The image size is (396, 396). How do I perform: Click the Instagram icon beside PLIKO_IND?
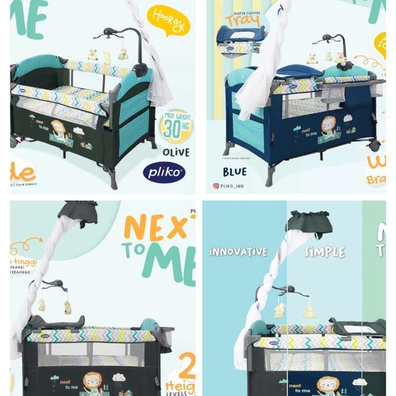pos(216,186)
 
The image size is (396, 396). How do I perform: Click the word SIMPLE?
pos(324,251)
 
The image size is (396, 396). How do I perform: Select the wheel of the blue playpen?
pos(374,145)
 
